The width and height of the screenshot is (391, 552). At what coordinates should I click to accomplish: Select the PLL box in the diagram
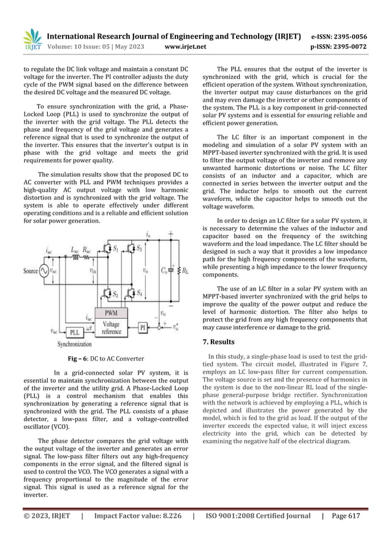coord(74,332)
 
